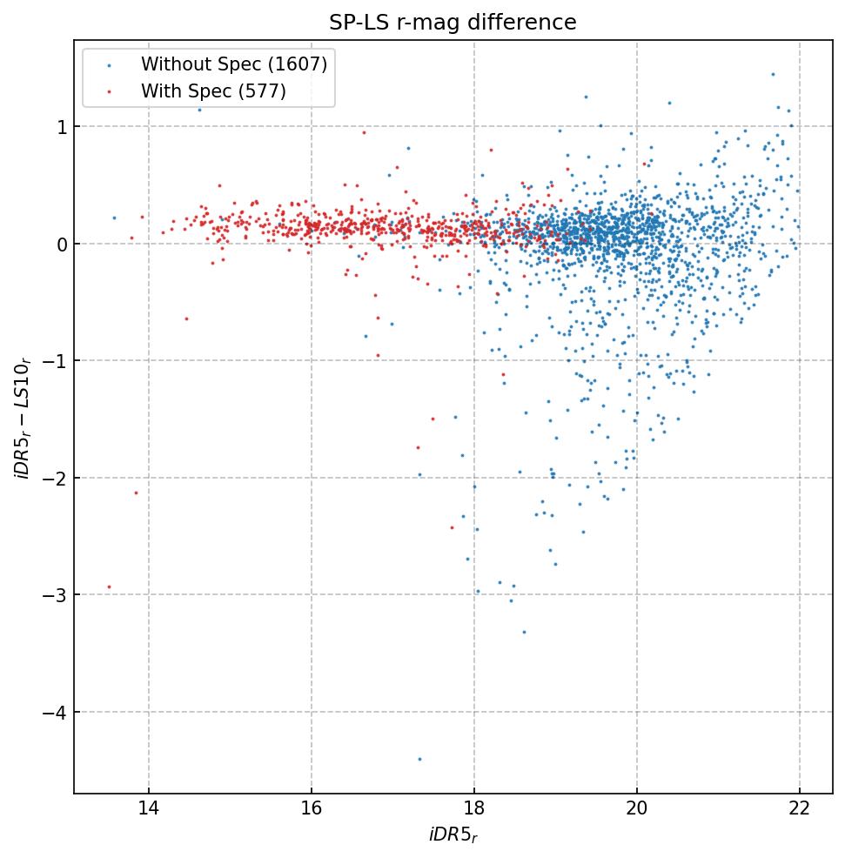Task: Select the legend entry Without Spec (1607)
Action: pos(234,64)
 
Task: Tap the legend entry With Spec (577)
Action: pos(213,90)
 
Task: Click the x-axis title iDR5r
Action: pos(453,835)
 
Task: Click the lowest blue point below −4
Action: pos(419,759)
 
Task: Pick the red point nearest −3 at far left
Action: pos(109,587)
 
